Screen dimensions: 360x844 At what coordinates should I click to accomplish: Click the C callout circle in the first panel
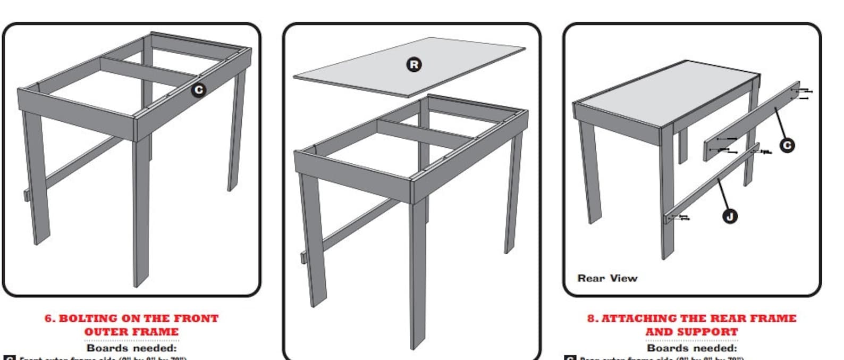[x=198, y=90]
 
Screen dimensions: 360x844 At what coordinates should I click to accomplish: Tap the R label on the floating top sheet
[x=413, y=65]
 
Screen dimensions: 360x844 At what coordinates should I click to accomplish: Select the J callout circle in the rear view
[x=730, y=216]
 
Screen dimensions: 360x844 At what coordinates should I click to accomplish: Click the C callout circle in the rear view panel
[x=787, y=145]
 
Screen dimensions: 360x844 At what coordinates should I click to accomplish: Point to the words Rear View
[x=607, y=278]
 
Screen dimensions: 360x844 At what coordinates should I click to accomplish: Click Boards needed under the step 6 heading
[x=131, y=348]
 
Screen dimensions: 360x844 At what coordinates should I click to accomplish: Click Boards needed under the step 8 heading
[x=691, y=348]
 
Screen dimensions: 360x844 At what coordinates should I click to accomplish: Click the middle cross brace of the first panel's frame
[x=146, y=72]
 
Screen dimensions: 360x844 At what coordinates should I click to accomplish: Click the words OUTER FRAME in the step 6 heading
[x=131, y=332]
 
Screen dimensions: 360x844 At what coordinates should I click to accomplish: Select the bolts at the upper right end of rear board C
[x=801, y=94]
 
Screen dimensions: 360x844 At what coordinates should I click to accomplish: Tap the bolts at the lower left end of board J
[x=679, y=217]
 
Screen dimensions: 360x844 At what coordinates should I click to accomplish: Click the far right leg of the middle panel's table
[x=512, y=191]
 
